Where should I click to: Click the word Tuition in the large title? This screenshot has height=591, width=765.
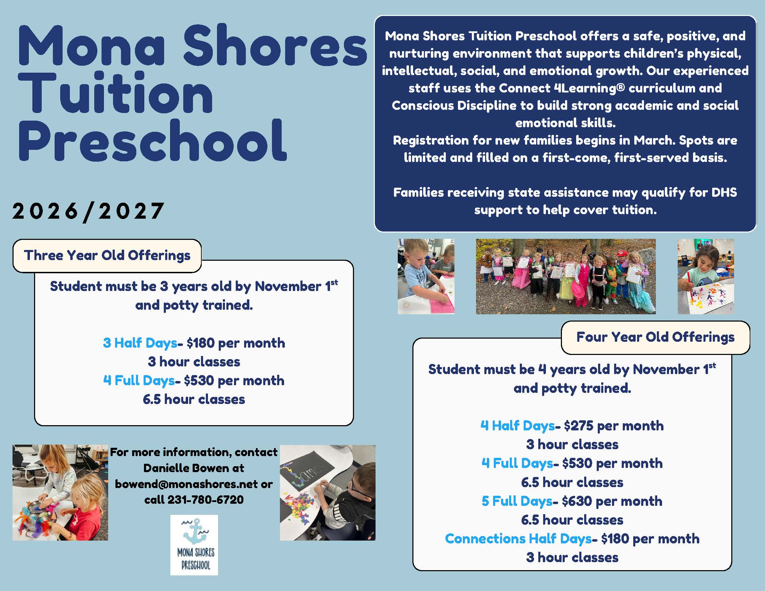coord(115,93)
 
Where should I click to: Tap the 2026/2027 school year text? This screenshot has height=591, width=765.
coord(88,211)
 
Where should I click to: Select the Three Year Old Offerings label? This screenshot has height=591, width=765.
coord(107,256)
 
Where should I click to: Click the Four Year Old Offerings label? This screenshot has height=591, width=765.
coord(655,337)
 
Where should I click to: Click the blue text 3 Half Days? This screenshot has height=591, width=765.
coord(140,343)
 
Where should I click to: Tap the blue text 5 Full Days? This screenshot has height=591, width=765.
coord(517,501)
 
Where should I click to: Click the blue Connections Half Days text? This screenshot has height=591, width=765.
coord(518,539)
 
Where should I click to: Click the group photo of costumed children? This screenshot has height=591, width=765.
coord(565,277)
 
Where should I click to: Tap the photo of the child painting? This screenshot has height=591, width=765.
coord(706,277)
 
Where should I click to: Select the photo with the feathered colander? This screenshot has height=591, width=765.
coord(60,493)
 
